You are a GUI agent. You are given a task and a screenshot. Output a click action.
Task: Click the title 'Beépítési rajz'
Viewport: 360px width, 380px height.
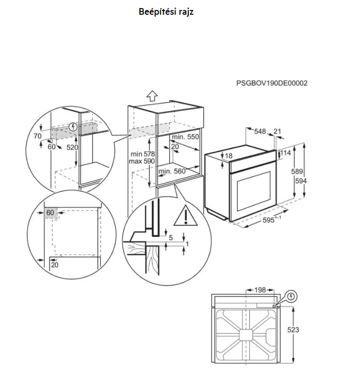[166, 11]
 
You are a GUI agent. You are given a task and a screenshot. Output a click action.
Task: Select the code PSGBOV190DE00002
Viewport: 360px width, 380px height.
[272, 83]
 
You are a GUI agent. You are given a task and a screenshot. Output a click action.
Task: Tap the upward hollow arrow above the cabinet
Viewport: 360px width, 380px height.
[152, 96]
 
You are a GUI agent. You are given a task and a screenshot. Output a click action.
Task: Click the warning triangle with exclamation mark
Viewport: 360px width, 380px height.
[185, 216]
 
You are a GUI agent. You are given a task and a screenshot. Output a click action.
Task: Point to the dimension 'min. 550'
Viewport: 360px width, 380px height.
[185, 137]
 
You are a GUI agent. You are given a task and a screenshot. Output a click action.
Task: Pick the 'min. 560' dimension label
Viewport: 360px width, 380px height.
[172, 171]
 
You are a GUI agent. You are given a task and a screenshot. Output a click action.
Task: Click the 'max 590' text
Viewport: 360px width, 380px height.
[142, 161]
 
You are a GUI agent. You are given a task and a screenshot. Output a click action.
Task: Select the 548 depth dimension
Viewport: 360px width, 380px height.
[260, 131]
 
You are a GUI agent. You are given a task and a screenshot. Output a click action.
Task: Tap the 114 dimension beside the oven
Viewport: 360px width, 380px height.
[285, 153]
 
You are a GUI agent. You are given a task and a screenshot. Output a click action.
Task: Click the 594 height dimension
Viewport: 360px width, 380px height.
[301, 181]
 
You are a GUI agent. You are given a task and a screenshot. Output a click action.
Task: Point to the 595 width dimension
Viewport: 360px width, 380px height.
[269, 220]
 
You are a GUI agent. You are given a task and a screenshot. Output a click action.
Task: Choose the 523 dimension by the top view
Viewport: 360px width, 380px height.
[293, 330]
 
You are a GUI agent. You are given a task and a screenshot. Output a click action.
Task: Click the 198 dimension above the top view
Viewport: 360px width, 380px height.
[260, 290]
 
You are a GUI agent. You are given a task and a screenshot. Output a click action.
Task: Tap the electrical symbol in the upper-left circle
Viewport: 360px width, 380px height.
[73, 127]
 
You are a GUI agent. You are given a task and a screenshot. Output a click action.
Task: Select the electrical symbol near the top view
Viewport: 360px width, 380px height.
[292, 296]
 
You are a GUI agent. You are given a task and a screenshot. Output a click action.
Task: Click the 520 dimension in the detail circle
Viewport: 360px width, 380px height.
[72, 147]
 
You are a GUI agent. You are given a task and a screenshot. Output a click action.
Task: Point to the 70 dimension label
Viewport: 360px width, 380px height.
[38, 136]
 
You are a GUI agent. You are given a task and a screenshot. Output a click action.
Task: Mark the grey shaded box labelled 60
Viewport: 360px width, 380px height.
[50, 213]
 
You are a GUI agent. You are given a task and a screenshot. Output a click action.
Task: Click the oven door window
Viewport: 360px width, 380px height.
[253, 191]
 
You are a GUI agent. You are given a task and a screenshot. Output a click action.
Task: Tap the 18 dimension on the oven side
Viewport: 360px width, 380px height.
[228, 156]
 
